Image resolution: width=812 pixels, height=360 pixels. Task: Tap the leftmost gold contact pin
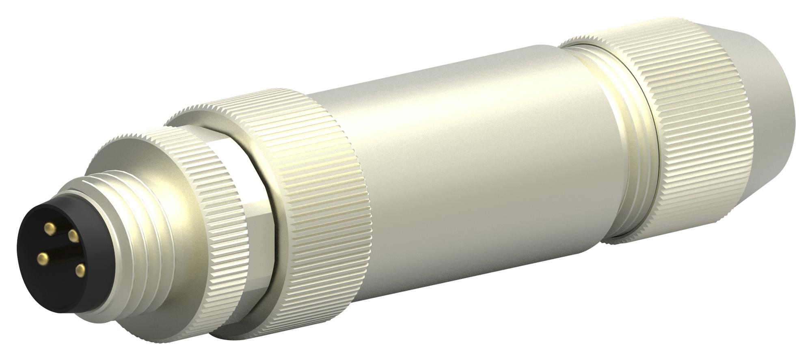tap(41, 257)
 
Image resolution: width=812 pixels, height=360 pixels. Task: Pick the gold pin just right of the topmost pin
tap(73, 235)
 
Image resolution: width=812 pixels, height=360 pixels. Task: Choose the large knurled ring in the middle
tap(321, 195)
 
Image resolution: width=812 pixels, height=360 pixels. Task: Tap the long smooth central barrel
tap(467, 162)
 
